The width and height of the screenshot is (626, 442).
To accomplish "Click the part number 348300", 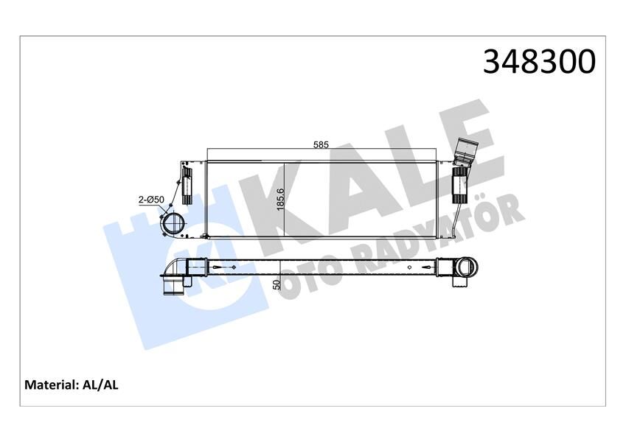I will [x=538, y=62].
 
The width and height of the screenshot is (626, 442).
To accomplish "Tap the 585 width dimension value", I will [x=321, y=145].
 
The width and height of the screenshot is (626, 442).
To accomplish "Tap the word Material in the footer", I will [x=51, y=385].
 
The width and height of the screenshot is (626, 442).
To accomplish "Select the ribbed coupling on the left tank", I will [x=187, y=187].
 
